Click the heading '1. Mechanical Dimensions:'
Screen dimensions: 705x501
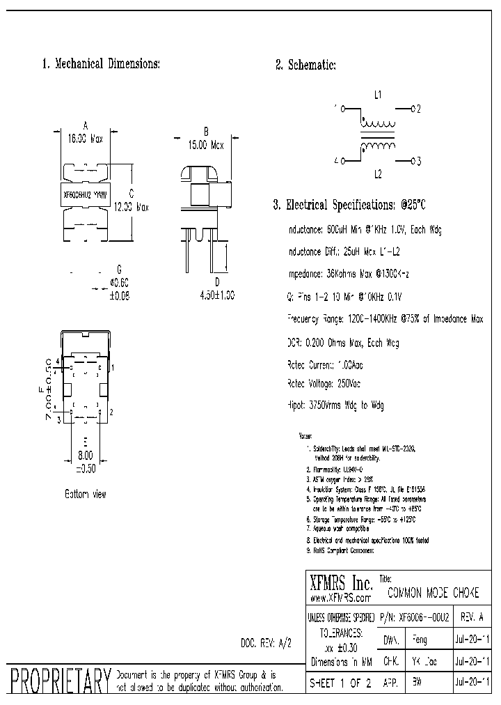(102, 64)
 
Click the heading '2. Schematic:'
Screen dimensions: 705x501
(305, 65)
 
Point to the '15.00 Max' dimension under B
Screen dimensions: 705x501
(207, 146)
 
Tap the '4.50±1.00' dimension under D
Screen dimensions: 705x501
(217, 295)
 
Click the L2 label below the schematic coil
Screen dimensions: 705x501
(378, 174)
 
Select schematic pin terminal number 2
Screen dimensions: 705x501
(418, 109)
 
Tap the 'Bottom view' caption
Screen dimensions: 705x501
(86, 494)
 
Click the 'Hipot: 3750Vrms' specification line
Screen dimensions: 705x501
(335, 405)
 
